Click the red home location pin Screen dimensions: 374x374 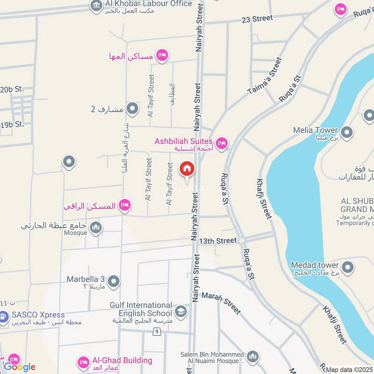(x=187, y=169)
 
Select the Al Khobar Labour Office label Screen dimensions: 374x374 (x=149, y=4)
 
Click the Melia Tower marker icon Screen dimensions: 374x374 (x=347, y=133)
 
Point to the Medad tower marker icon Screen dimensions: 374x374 (x=347, y=268)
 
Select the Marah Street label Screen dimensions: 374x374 (x=221, y=303)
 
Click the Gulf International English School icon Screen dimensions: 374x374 (x=180, y=311)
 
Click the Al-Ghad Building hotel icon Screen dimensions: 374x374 (x=84, y=362)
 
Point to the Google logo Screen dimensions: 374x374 (x=20, y=367)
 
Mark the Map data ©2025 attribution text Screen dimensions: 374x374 (x=349, y=370)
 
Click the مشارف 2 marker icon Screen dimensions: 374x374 (x=133, y=109)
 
